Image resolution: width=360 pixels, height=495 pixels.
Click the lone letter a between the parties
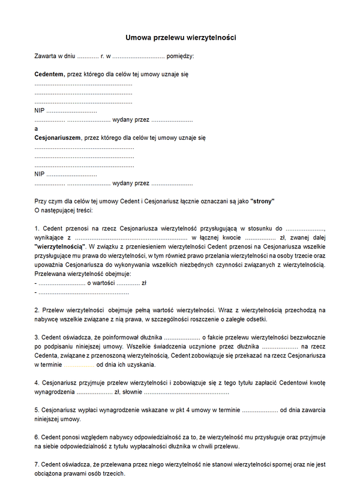tap(37, 128)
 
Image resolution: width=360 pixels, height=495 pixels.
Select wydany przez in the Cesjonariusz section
tap(131, 183)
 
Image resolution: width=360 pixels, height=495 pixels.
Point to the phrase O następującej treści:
tap(64, 210)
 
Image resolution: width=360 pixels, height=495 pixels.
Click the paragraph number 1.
tap(37, 228)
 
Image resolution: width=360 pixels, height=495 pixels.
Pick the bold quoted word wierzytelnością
tap(61, 246)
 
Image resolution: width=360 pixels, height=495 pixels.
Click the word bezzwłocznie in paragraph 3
tap(306, 337)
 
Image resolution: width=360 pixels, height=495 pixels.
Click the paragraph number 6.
tap(37, 437)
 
